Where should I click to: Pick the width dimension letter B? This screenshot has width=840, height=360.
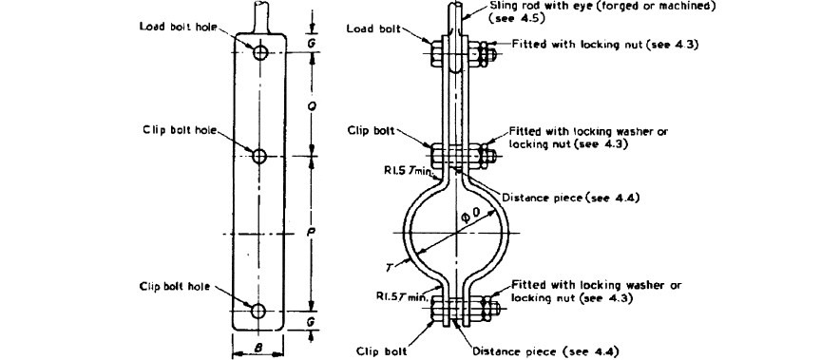[259, 348]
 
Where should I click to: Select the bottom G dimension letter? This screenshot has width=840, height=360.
[314, 324]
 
